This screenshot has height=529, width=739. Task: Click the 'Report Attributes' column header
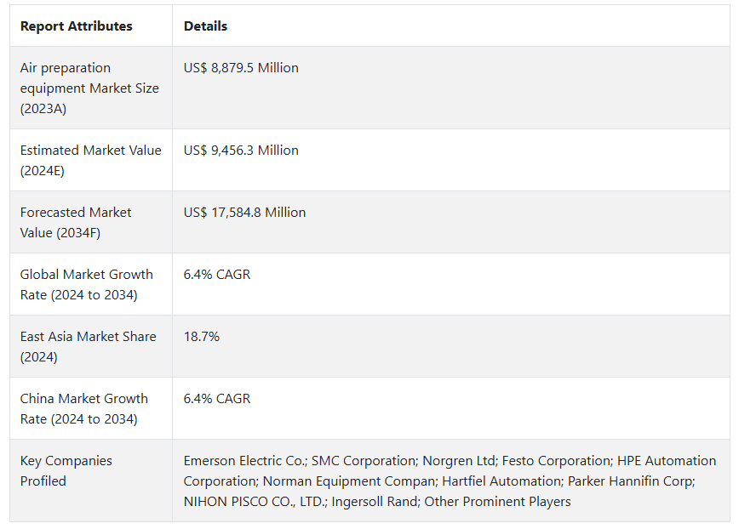click(x=76, y=26)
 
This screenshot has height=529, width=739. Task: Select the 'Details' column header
click(x=205, y=26)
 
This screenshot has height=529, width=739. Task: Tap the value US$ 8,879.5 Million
click(x=241, y=68)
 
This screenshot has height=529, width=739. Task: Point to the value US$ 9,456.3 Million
click(x=241, y=151)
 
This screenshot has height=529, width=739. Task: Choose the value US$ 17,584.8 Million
click(x=244, y=213)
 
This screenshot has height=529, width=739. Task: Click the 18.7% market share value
click(x=202, y=337)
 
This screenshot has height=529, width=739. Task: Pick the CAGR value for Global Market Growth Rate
click(x=217, y=275)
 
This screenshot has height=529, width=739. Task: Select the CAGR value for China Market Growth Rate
click(x=217, y=399)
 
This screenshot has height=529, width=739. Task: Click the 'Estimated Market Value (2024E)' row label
click(x=90, y=160)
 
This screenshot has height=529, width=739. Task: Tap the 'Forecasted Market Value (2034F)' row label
click(x=76, y=222)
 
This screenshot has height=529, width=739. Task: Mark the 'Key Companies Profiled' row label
click(x=66, y=470)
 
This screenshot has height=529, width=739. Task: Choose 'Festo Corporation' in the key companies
click(x=555, y=461)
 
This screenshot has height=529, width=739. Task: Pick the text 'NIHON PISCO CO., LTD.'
click(x=254, y=502)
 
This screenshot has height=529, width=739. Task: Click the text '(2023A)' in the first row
click(x=43, y=109)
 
